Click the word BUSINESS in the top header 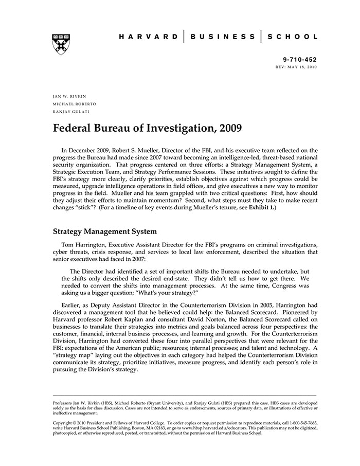tap(222, 37)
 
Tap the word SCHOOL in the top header tap(292, 37)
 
